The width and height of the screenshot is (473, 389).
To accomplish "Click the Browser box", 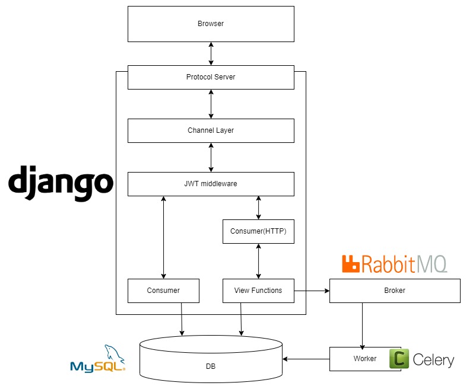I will tap(211, 24).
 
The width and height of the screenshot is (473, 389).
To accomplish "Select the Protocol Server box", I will tap(211, 77).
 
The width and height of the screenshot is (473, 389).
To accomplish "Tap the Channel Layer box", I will tap(211, 130).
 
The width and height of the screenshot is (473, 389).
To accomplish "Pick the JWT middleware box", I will tap(211, 184).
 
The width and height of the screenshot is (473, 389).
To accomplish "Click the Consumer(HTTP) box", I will tap(258, 231).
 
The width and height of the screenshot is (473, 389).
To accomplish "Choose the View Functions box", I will tap(258, 291).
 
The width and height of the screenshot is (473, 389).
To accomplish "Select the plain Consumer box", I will tap(163, 291).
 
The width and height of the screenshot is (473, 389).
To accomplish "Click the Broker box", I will tap(395, 291).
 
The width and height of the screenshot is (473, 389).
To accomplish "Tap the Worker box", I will tap(364, 359).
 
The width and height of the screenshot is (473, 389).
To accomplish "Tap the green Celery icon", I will tap(399, 359).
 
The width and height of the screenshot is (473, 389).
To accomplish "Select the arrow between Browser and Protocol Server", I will tap(211, 53).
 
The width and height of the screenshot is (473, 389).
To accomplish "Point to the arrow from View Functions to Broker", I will tap(312, 291).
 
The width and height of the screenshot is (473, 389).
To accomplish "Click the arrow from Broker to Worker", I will tap(362, 325).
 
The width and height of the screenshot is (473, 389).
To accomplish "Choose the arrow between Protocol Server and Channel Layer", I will tap(211, 104).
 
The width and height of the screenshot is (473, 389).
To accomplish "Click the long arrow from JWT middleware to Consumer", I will tap(163, 237).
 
